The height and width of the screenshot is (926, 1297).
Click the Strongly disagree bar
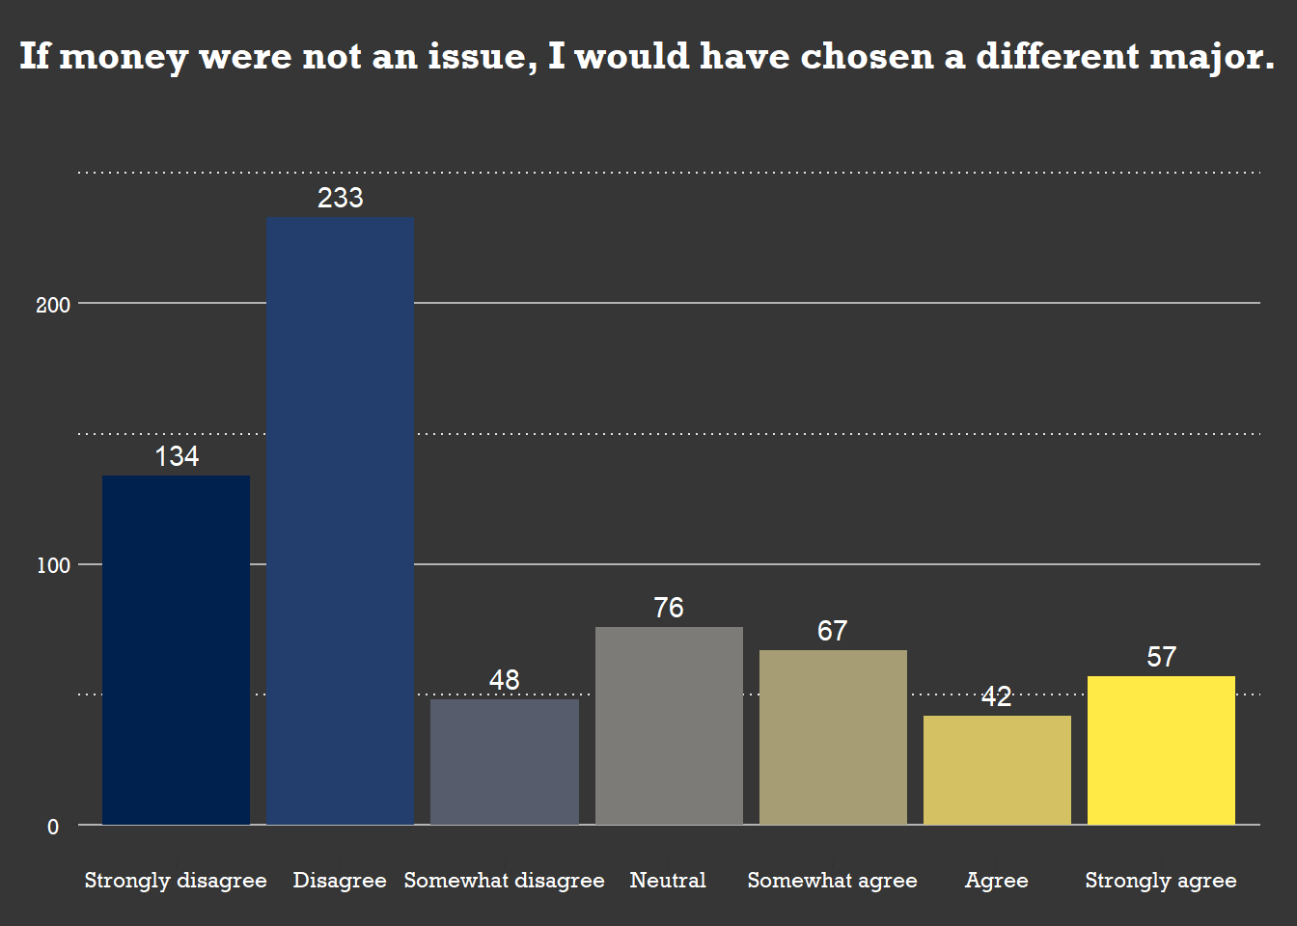click(176, 650)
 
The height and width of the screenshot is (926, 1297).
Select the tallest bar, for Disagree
click(340, 521)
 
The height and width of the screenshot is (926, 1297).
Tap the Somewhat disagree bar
click(504, 762)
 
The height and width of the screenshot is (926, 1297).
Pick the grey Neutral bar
click(669, 725)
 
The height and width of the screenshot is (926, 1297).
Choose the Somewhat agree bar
click(833, 737)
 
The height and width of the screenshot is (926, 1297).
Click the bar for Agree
click(997, 770)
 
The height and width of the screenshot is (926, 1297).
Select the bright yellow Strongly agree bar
click(1161, 750)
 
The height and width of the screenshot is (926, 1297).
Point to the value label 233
click(340, 198)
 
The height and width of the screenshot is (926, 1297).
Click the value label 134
click(177, 456)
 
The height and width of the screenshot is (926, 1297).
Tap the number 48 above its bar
click(504, 680)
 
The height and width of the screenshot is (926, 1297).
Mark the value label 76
click(669, 608)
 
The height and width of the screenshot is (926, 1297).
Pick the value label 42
click(997, 696)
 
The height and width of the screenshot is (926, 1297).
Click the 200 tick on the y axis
click(53, 305)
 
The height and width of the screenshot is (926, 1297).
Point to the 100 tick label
click(53, 565)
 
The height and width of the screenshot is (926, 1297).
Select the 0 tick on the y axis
click(53, 827)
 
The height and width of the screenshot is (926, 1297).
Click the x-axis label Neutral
click(668, 880)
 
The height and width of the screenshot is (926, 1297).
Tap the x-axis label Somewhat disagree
click(504, 880)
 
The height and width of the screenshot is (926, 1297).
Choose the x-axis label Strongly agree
click(1161, 880)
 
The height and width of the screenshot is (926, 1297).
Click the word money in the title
click(123, 57)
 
